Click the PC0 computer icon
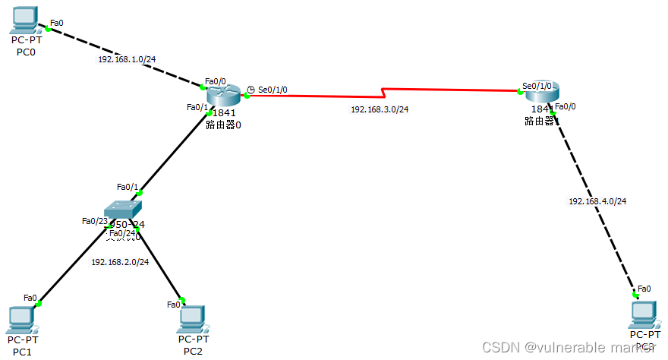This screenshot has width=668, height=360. (x=26, y=19)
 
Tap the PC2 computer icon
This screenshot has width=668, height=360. (x=193, y=318)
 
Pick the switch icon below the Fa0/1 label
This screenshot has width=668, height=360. (x=122, y=209)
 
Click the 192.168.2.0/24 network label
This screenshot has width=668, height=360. (x=119, y=261)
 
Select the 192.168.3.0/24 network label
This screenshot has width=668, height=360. (x=380, y=109)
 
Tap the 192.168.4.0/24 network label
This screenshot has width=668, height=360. (x=597, y=201)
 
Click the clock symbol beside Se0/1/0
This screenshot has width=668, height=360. (x=250, y=90)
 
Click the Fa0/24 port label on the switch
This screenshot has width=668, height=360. (x=122, y=232)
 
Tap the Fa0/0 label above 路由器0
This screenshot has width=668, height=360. (x=216, y=81)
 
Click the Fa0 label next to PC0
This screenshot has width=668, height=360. (x=57, y=23)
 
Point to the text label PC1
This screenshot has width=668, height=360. (x=22, y=352)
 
